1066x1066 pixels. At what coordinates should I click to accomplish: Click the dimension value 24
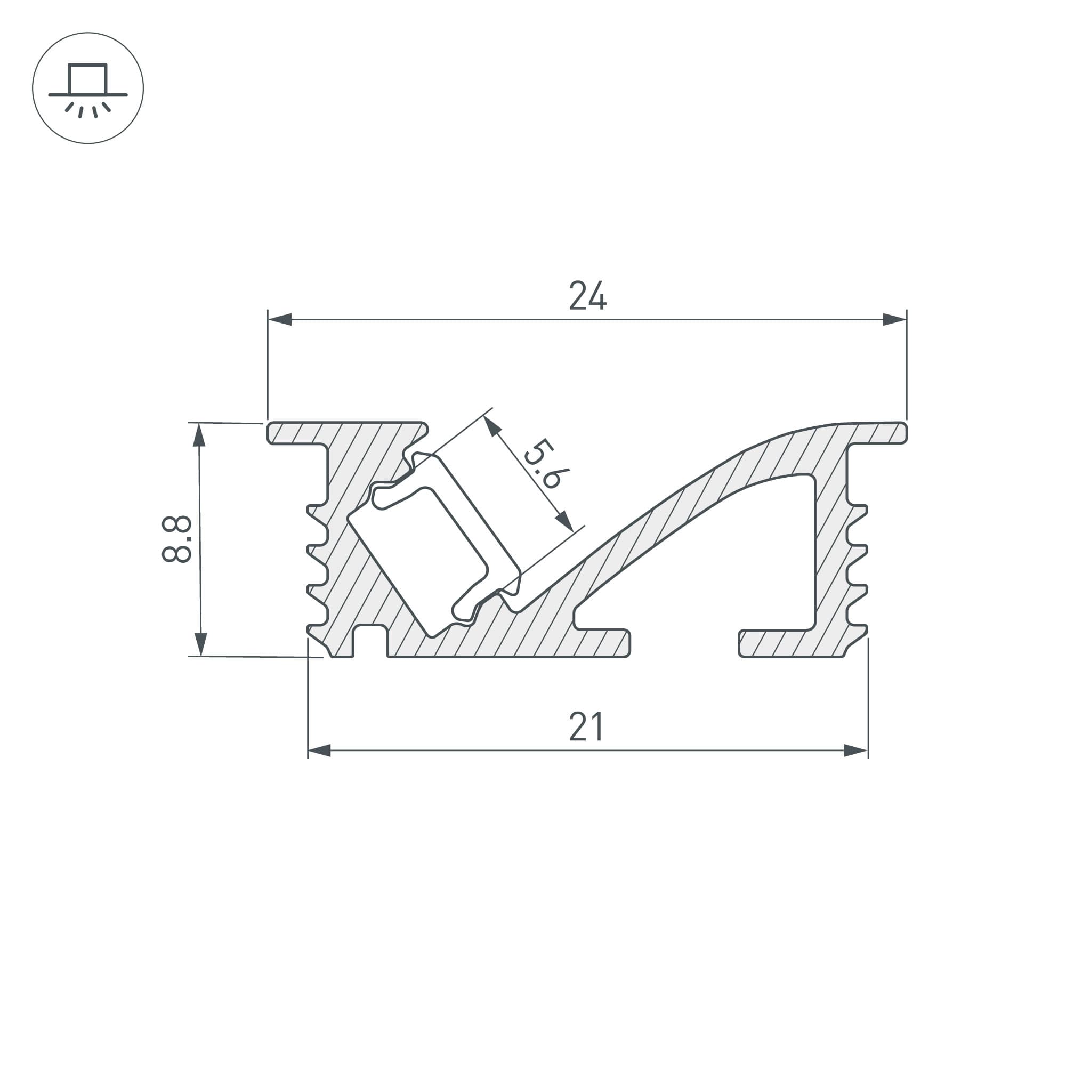[587, 296]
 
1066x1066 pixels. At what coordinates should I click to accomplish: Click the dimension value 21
[586, 727]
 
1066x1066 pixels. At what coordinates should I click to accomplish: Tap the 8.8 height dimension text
[177, 539]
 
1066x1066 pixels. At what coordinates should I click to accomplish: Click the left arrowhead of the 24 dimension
[280, 319]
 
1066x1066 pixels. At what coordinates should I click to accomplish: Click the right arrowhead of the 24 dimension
[894, 319]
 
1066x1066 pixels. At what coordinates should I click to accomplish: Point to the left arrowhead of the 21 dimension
[319, 750]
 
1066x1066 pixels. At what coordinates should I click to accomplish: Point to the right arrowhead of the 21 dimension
[856, 750]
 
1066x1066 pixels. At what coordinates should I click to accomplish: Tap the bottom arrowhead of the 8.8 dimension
[201, 644]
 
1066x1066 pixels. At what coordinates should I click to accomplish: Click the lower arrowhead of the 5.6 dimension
[564, 520]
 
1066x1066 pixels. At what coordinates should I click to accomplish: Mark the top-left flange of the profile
[298, 433]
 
